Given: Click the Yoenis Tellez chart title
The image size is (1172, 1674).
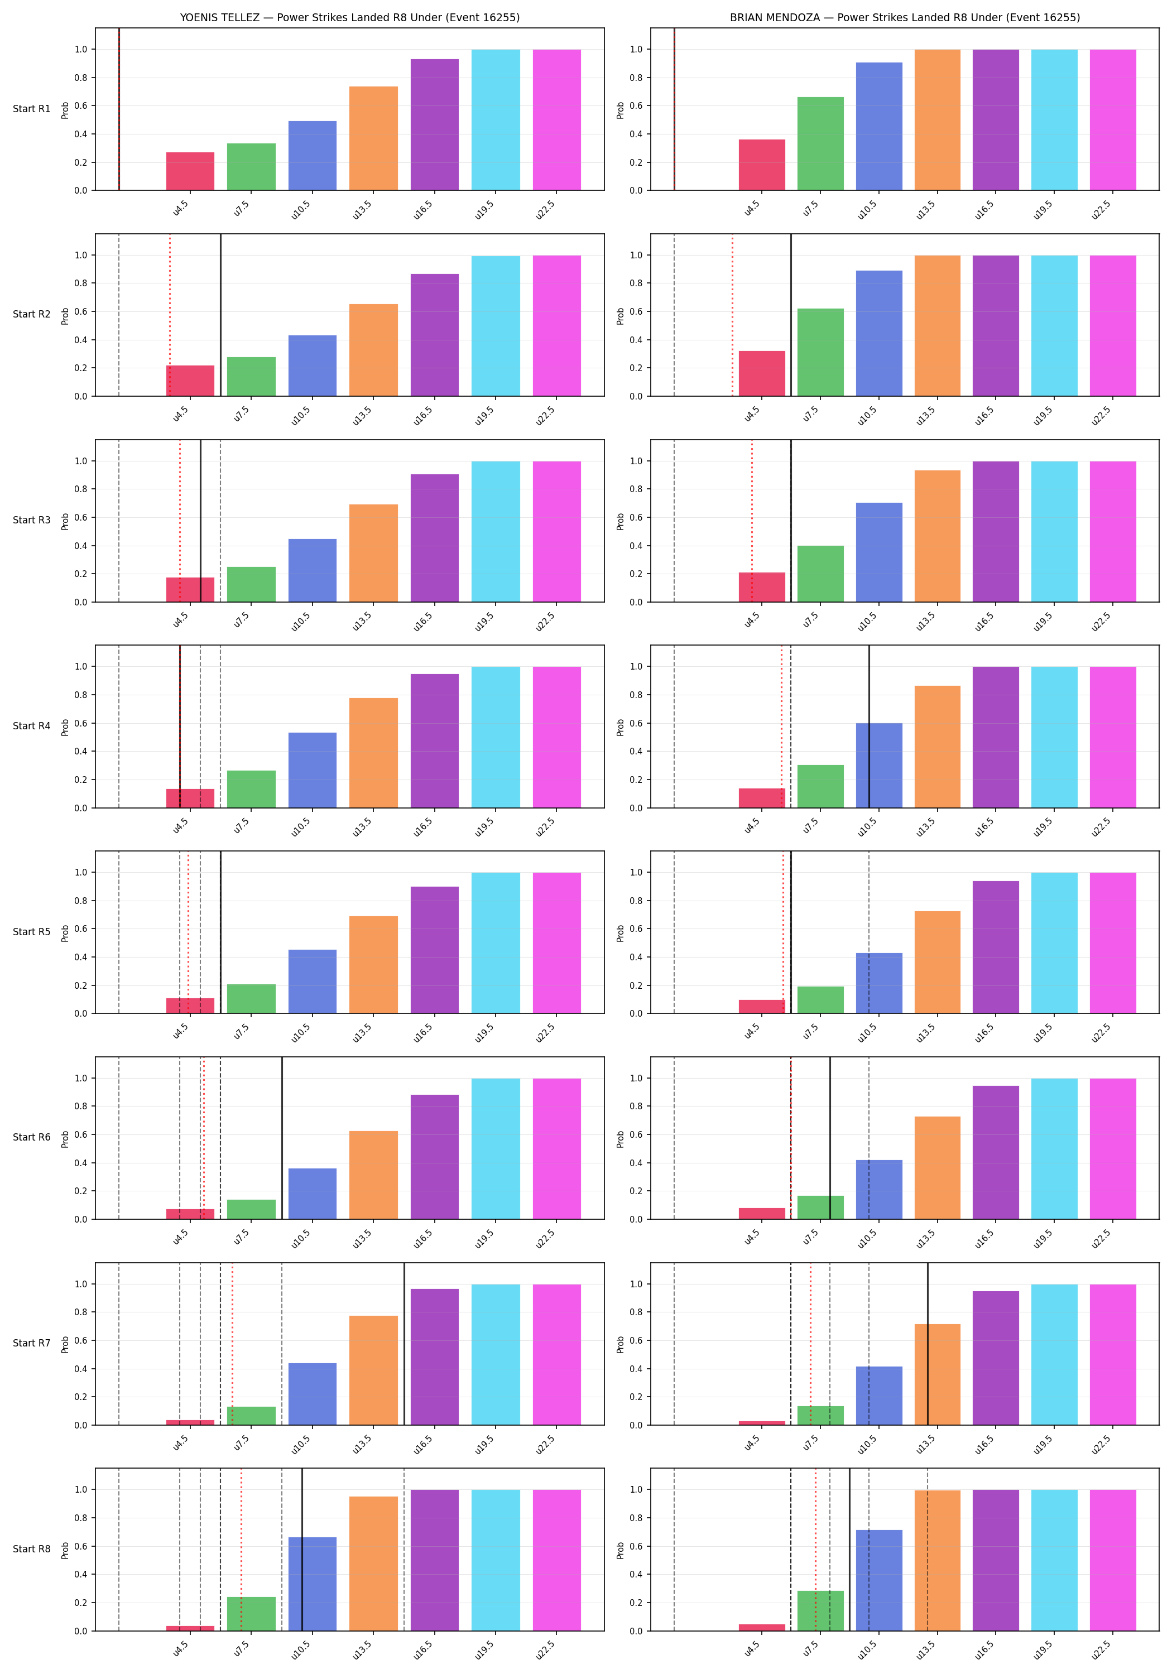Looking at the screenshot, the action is pos(350,17).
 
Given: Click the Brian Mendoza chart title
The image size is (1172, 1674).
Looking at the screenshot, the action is pos(905,17).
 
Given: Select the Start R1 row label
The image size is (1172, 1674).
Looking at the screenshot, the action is pos(32,109).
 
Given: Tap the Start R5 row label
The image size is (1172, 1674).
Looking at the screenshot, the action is pos(32,932).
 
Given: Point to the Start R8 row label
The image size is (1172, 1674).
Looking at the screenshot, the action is pos(32,1548).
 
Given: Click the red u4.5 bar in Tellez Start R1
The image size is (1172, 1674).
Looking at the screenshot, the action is pos(190,171).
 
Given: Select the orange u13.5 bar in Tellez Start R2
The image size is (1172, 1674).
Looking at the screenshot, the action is pos(373,350).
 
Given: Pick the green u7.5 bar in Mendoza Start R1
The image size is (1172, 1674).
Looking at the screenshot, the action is pos(820,143).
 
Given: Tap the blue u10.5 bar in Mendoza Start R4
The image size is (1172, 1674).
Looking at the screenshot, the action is pos(879,766).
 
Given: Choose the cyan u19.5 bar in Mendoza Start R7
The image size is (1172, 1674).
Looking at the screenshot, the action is pos(1054,1355).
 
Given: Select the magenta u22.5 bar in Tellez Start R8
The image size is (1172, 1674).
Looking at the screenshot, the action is pos(556,1560).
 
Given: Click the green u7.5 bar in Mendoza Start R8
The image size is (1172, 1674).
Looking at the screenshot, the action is pos(820,1612).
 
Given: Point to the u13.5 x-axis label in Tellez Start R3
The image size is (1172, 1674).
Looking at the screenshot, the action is pos(362,620).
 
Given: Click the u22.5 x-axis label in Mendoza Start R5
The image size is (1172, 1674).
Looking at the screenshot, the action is pos(1101,1032).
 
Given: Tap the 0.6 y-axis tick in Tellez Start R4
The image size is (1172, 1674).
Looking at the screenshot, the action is pos(80,723).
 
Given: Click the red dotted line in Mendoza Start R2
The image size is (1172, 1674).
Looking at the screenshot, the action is pos(732,315).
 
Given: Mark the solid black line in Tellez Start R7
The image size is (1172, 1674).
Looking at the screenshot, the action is pos(404,1344).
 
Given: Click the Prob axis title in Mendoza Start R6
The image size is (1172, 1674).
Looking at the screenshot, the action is pos(621,1139).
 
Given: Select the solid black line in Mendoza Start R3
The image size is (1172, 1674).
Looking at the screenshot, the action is pos(791,521).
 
